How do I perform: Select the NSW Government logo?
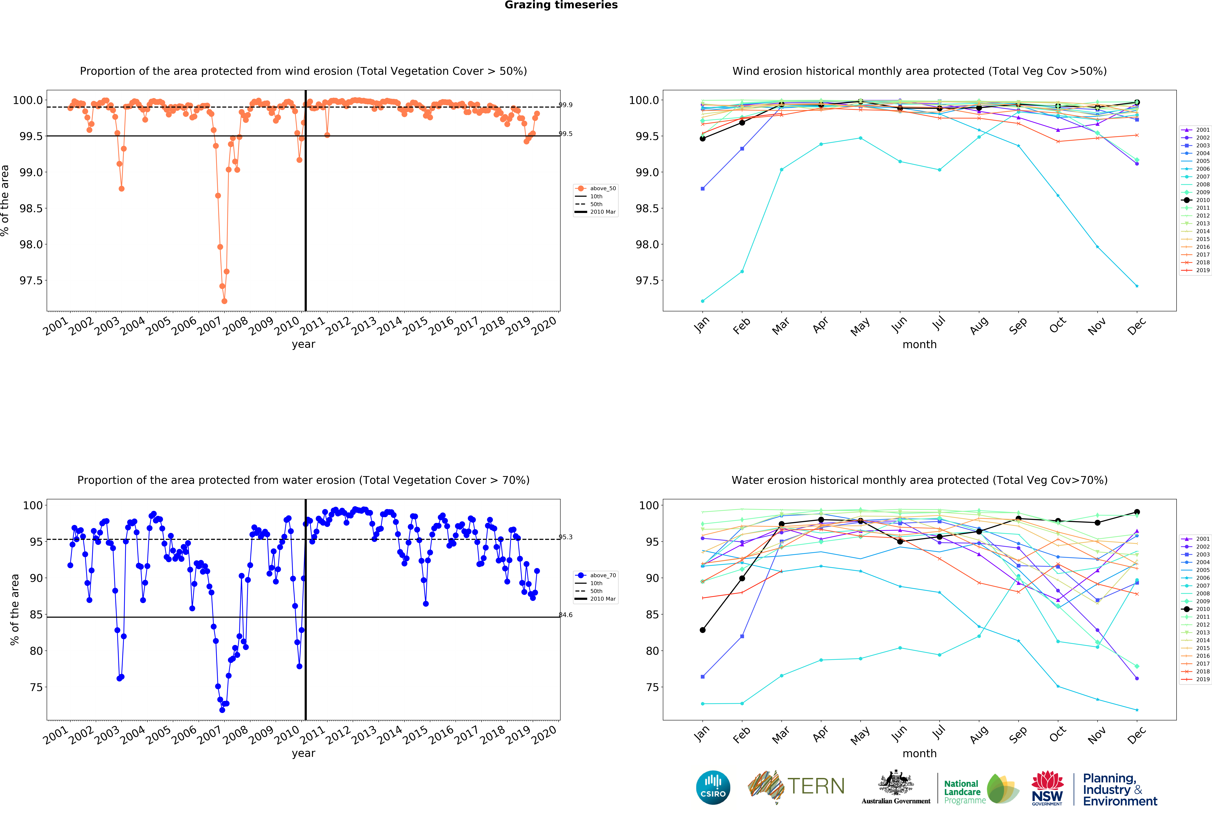pos(1047,788)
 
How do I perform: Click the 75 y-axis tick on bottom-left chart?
pos(36,688)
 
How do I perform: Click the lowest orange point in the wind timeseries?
pos(224,301)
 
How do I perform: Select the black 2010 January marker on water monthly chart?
pos(702,630)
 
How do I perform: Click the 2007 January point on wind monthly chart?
pos(702,301)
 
